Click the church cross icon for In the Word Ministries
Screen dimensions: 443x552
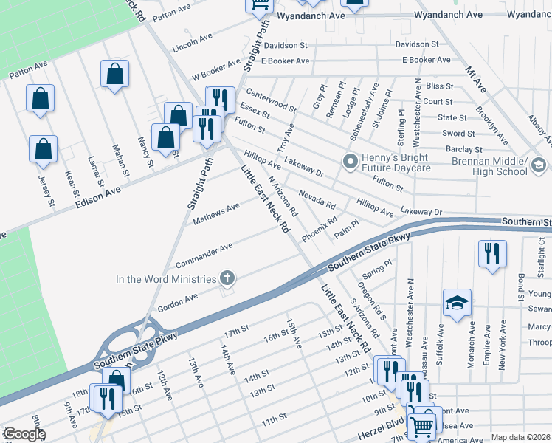coord(228,278)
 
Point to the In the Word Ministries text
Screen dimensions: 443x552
coord(166,279)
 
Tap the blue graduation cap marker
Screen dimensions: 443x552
coord(458,303)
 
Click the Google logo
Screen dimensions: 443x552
coord(24,434)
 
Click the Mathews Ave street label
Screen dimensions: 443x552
coord(216,213)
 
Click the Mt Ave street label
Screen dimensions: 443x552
coord(475,79)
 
